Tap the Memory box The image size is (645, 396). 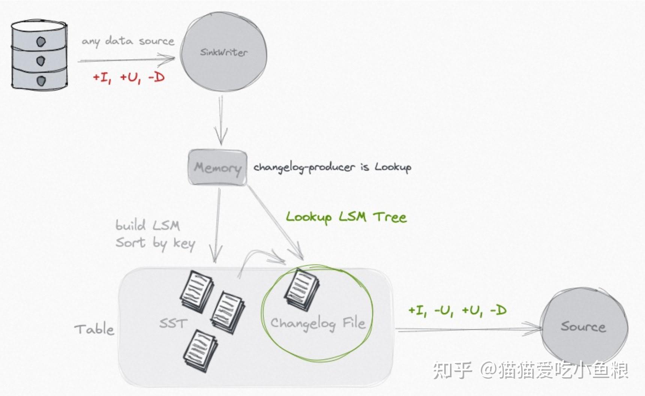pyautogui.click(x=217, y=167)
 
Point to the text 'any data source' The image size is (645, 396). pyautogui.click(x=128, y=41)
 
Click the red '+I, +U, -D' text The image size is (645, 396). pyautogui.click(x=129, y=78)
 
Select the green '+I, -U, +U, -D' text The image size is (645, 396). pyautogui.click(x=457, y=310)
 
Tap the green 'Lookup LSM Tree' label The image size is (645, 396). pyautogui.click(x=346, y=217)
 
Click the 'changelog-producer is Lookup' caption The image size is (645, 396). pyautogui.click(x=332, y=167)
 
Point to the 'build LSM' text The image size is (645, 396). pyautogui.click(x=148, y=226)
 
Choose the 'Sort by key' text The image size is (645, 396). pyautogui.click(x=155, y=244)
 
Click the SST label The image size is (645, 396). pyautogui.click(x=173, y=323)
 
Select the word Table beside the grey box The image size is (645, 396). pyautogui.click(x=94, y=329)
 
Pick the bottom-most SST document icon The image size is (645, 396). pyautogui.click(x=200, y=351)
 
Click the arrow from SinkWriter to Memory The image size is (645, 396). pyautogui.click(x=221, y=120)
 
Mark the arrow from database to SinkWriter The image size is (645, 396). pyautogui.click(x=127, y=59)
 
